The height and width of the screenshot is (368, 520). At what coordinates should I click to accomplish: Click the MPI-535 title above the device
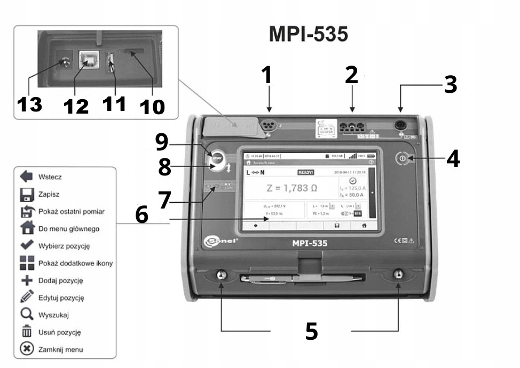(x=309, y=34)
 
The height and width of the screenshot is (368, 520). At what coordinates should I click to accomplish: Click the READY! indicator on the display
(x=306, y=172)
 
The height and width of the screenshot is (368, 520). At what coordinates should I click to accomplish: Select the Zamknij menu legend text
(x=60, y=349)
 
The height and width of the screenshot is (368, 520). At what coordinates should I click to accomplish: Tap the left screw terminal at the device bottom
(x=220, y=276)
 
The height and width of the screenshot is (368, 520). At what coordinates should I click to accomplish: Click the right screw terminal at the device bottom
(x=398, y=275)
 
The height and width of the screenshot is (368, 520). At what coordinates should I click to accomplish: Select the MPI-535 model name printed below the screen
(x=310, y=244)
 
